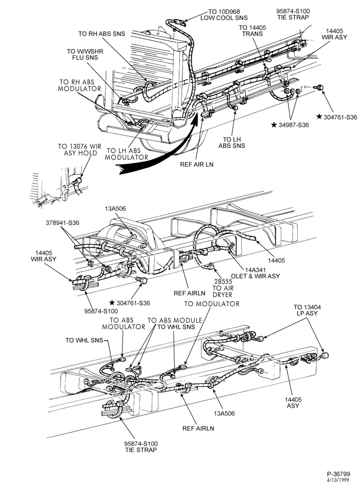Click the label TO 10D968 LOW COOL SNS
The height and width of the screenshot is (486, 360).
coord(224,15)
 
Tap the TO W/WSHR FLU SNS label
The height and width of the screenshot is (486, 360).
coord(85,54)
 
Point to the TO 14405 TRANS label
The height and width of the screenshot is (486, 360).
coord(252,31)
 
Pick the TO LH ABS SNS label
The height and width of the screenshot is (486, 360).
coord(232,142)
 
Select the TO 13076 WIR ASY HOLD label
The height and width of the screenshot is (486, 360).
coord(79,149)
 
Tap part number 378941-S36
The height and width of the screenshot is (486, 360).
coord(62,223)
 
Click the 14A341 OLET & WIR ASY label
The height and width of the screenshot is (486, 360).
coord(255,273)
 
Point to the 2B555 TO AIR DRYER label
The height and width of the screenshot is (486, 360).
coord(223,288)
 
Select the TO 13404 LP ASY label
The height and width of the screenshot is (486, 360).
coord(307,310)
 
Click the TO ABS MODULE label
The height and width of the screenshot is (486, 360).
coord(175,320)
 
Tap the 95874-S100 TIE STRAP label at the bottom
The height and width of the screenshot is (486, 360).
coord(141,447)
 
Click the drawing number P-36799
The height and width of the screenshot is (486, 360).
coord(338,474)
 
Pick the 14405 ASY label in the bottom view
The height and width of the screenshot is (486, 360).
coord(293,402)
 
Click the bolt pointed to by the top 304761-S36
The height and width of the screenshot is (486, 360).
coord(318,87)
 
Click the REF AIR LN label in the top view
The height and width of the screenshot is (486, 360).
coord(197,164)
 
